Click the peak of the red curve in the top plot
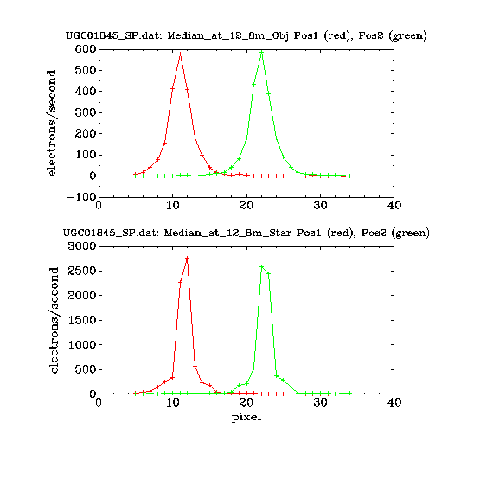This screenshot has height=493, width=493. (x=180, y=54)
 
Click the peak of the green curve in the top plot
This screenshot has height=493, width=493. (x=261, y=52)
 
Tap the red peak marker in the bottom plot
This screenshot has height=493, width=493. (x=188, y=258)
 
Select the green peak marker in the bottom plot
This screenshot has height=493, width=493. (x=261, y=267)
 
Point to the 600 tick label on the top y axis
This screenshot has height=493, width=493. (x=86, y=49)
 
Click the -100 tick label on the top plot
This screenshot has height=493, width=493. (x=81, y=197)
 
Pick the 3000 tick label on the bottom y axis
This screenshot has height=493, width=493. (x=82, y=246)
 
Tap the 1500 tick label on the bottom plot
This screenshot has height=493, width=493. (x=82, y=320)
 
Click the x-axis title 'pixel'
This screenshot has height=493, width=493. (x=246, y=418)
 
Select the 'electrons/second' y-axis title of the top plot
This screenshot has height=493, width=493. (x=51, y=123)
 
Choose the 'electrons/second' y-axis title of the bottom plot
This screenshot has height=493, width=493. (x=54, y=320)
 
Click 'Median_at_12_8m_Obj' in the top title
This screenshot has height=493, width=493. (x=228, y=35)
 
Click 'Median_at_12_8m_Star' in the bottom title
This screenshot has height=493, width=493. (x=227, y=233)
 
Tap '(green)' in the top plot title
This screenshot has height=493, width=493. (x=407, y=35)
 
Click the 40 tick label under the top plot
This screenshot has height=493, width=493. (x=394, y=205)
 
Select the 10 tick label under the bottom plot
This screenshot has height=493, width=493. (x=173, y=402)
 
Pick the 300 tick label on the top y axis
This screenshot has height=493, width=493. (x=86, y=112)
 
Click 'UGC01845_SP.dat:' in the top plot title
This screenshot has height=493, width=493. (x=114, y=35)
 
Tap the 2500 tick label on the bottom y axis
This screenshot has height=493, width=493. (x=82, y=271)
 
